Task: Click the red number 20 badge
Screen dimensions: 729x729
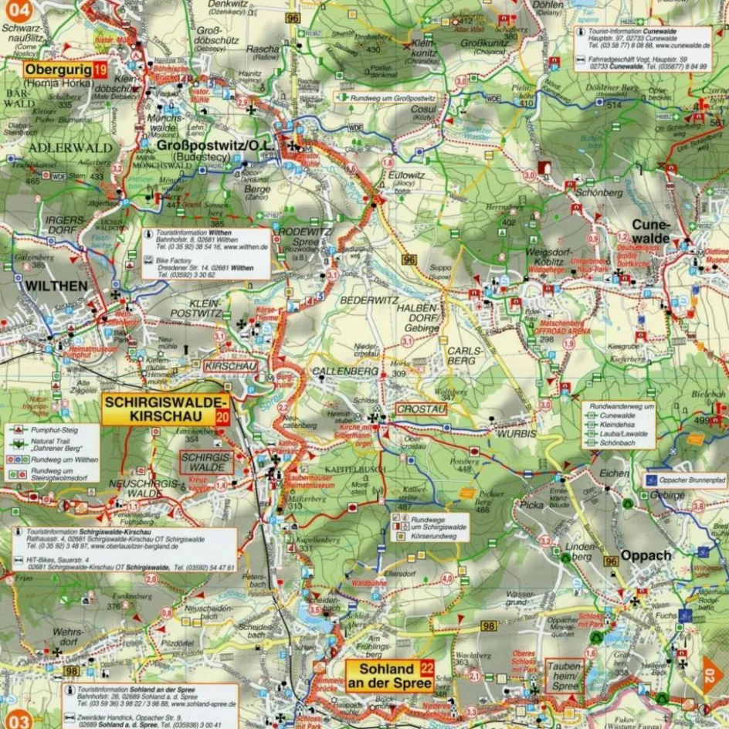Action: point(222,417)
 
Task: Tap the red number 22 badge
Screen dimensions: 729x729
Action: point(426,668)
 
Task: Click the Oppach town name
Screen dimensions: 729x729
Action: point(646,555)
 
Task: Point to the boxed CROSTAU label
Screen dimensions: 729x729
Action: point(421,409)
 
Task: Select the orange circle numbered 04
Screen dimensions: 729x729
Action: point(15,11)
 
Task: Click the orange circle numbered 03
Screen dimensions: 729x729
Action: point(19,720)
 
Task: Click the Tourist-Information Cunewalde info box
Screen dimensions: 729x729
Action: point(642,39)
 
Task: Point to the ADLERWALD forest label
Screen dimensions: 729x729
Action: point(60,147)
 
